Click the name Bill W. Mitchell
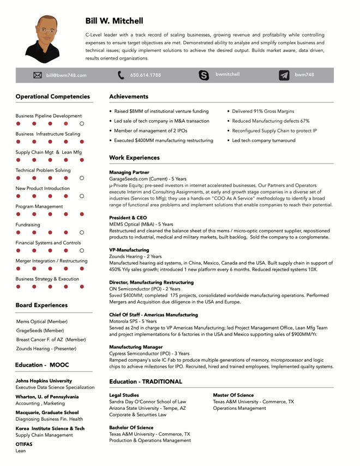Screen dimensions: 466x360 click(115, 21)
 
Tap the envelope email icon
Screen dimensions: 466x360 click(38, 75)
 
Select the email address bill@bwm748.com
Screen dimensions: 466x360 click(66, 75)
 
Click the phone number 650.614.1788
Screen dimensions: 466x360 click(145, 75)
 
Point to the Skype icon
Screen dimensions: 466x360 click(204, 75)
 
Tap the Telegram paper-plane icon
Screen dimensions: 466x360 click(284, 75)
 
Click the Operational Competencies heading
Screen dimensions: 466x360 click(52, 97)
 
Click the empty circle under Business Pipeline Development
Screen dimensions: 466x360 click(81, 124)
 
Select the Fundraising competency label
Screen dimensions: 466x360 click(28, 225)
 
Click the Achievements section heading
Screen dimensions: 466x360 click(129, 97)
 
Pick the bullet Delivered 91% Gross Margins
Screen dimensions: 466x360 click(263, 111)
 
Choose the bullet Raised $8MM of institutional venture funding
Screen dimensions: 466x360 click(161, 111)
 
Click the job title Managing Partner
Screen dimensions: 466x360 click(129, 172)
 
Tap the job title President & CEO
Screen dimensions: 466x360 click(128, 218)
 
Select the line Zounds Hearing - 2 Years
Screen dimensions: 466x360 click(135, 256)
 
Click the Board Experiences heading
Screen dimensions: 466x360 click(41, 305)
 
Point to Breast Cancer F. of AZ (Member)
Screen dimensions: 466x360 click(51, 339)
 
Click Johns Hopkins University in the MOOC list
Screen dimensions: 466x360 click(44, 381)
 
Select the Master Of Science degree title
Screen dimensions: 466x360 click(233, 395)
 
